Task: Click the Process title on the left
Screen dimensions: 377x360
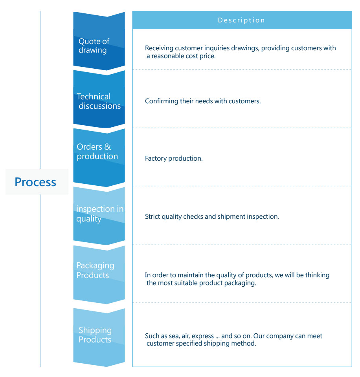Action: click(35, 182)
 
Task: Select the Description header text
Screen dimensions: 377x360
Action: click(241, 20)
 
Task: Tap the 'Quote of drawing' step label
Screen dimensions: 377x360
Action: click(94, 46)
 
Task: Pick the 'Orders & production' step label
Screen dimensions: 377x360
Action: click(97, 151)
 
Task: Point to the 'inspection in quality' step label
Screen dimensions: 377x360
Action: click(99, 214)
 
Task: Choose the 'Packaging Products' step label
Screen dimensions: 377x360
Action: click(95, 270)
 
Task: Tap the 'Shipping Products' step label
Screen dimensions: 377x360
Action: click(95, 335)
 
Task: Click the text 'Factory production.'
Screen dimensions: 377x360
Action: click(174, 159)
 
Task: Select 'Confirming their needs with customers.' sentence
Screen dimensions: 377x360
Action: click(203, 101)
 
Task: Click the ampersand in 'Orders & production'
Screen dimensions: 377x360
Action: click(108, 147)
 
